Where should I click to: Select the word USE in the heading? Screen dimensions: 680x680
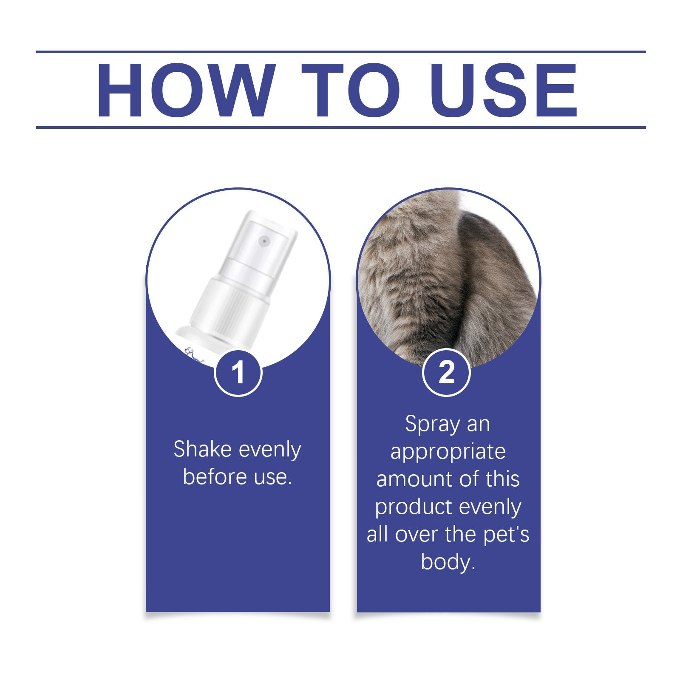(x=503, y=90)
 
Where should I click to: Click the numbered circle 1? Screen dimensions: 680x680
(x=238, y=373)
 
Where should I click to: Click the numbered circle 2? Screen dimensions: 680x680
(x=446, y=372)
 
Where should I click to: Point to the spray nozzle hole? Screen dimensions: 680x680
(x=264, y=241)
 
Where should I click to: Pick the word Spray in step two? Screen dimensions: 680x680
(x=426, y=424)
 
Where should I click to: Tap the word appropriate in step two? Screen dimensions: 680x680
(x=448, y=451)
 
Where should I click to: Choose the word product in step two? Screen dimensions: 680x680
(x=407, y=507)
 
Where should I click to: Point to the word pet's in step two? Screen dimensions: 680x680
(x=506, y=534)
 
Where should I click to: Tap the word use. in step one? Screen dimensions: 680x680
(x=273, y=477)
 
